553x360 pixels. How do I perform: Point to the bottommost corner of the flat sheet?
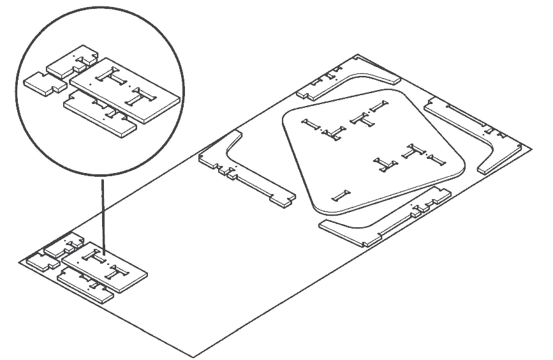[193, 356]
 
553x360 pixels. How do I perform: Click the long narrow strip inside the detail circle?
[99, 115]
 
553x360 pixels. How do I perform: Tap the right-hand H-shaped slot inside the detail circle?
[141, 97]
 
